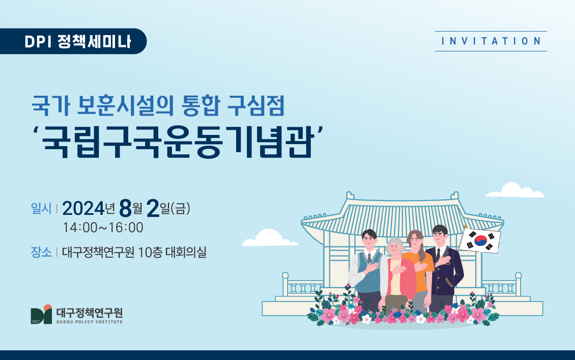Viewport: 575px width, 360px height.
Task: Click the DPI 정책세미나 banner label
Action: [78, 41]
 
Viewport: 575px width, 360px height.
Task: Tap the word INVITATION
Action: [491, 41]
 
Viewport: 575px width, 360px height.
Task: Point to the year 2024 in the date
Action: [83, 209]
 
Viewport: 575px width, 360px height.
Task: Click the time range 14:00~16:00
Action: [103, 228]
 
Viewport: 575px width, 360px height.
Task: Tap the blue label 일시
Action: [41, 208]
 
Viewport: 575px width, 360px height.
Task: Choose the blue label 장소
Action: [41, 252]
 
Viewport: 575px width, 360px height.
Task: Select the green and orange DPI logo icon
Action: [41, 315]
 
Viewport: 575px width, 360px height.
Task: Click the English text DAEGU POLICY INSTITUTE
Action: [90, 322]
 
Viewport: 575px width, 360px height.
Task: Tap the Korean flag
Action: [480, 240]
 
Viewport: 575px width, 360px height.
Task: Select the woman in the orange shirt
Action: [418, 271]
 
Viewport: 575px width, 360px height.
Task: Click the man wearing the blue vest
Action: [367, 271]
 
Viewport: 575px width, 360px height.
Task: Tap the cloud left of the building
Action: [270, 238]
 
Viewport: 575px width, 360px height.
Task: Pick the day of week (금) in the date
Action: [181, 209]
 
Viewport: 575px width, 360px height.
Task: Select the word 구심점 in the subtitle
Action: [256, 106]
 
